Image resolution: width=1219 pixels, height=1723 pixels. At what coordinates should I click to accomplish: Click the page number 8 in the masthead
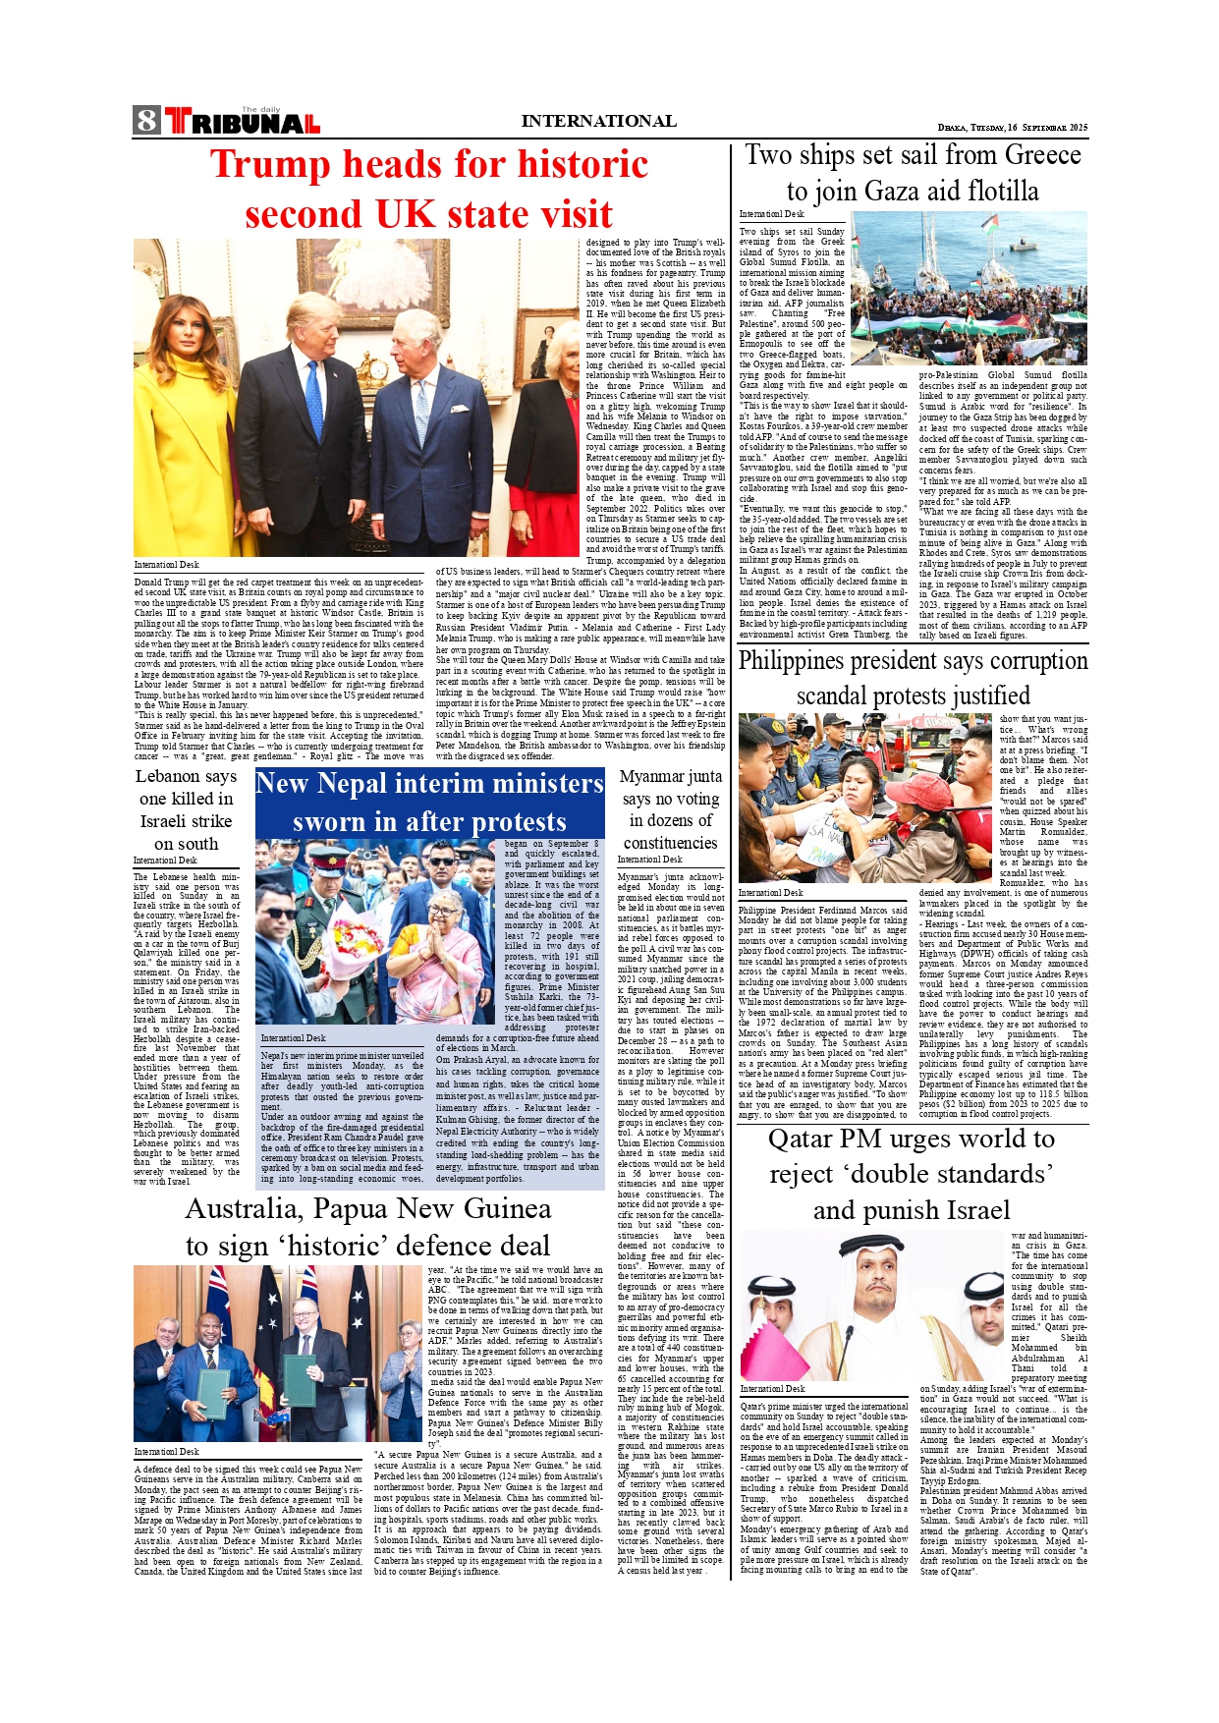point(147,120)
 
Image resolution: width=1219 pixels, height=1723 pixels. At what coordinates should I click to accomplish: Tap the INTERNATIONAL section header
point(598,121)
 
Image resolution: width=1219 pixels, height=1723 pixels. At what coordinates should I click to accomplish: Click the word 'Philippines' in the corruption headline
point(805,660)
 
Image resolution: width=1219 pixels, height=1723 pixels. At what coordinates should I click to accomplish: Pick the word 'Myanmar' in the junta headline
point(655,776)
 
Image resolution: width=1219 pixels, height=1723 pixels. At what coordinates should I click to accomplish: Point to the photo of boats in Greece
point(969,288)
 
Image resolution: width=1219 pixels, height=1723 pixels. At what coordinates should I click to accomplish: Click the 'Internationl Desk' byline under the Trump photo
point(167,565)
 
